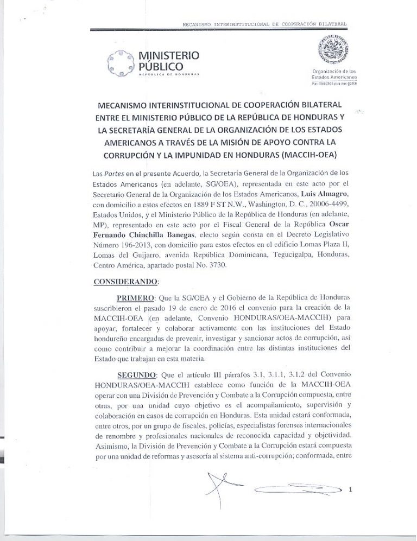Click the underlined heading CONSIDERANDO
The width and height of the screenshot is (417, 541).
tap(126, 282)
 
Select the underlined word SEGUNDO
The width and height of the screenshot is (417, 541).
tap(136, 375)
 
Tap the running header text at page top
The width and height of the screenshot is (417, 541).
tap(264, 24)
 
